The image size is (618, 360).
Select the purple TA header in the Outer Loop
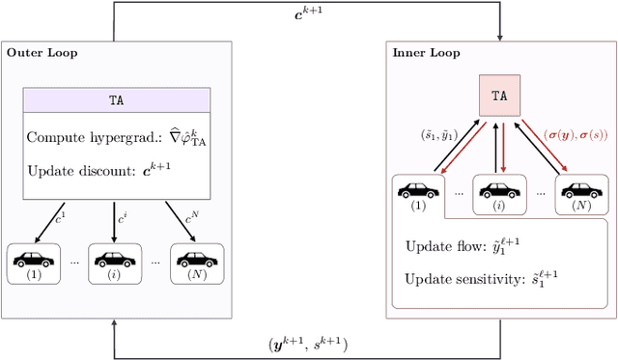coord(116,99)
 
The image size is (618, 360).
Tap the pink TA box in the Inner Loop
coord(500,97)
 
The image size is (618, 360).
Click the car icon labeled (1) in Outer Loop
coord(33,258)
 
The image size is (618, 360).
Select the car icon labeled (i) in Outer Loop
coord(115,258)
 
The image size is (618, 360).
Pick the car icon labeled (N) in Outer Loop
coord(197,258)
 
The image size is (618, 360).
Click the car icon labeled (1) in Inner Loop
coord(418,190)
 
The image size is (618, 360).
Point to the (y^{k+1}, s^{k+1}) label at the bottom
coord(307,343)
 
